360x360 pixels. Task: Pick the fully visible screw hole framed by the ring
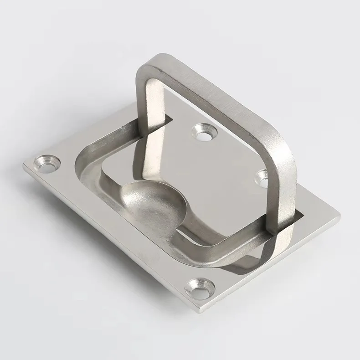[x=203, y=132]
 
